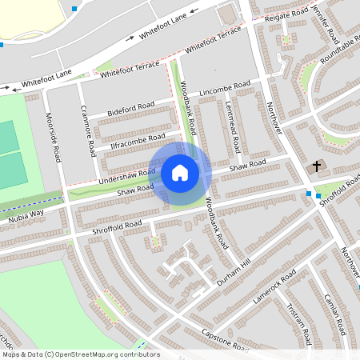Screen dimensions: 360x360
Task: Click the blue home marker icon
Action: tap(180, 172)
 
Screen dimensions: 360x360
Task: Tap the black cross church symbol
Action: tap(317, 167)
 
